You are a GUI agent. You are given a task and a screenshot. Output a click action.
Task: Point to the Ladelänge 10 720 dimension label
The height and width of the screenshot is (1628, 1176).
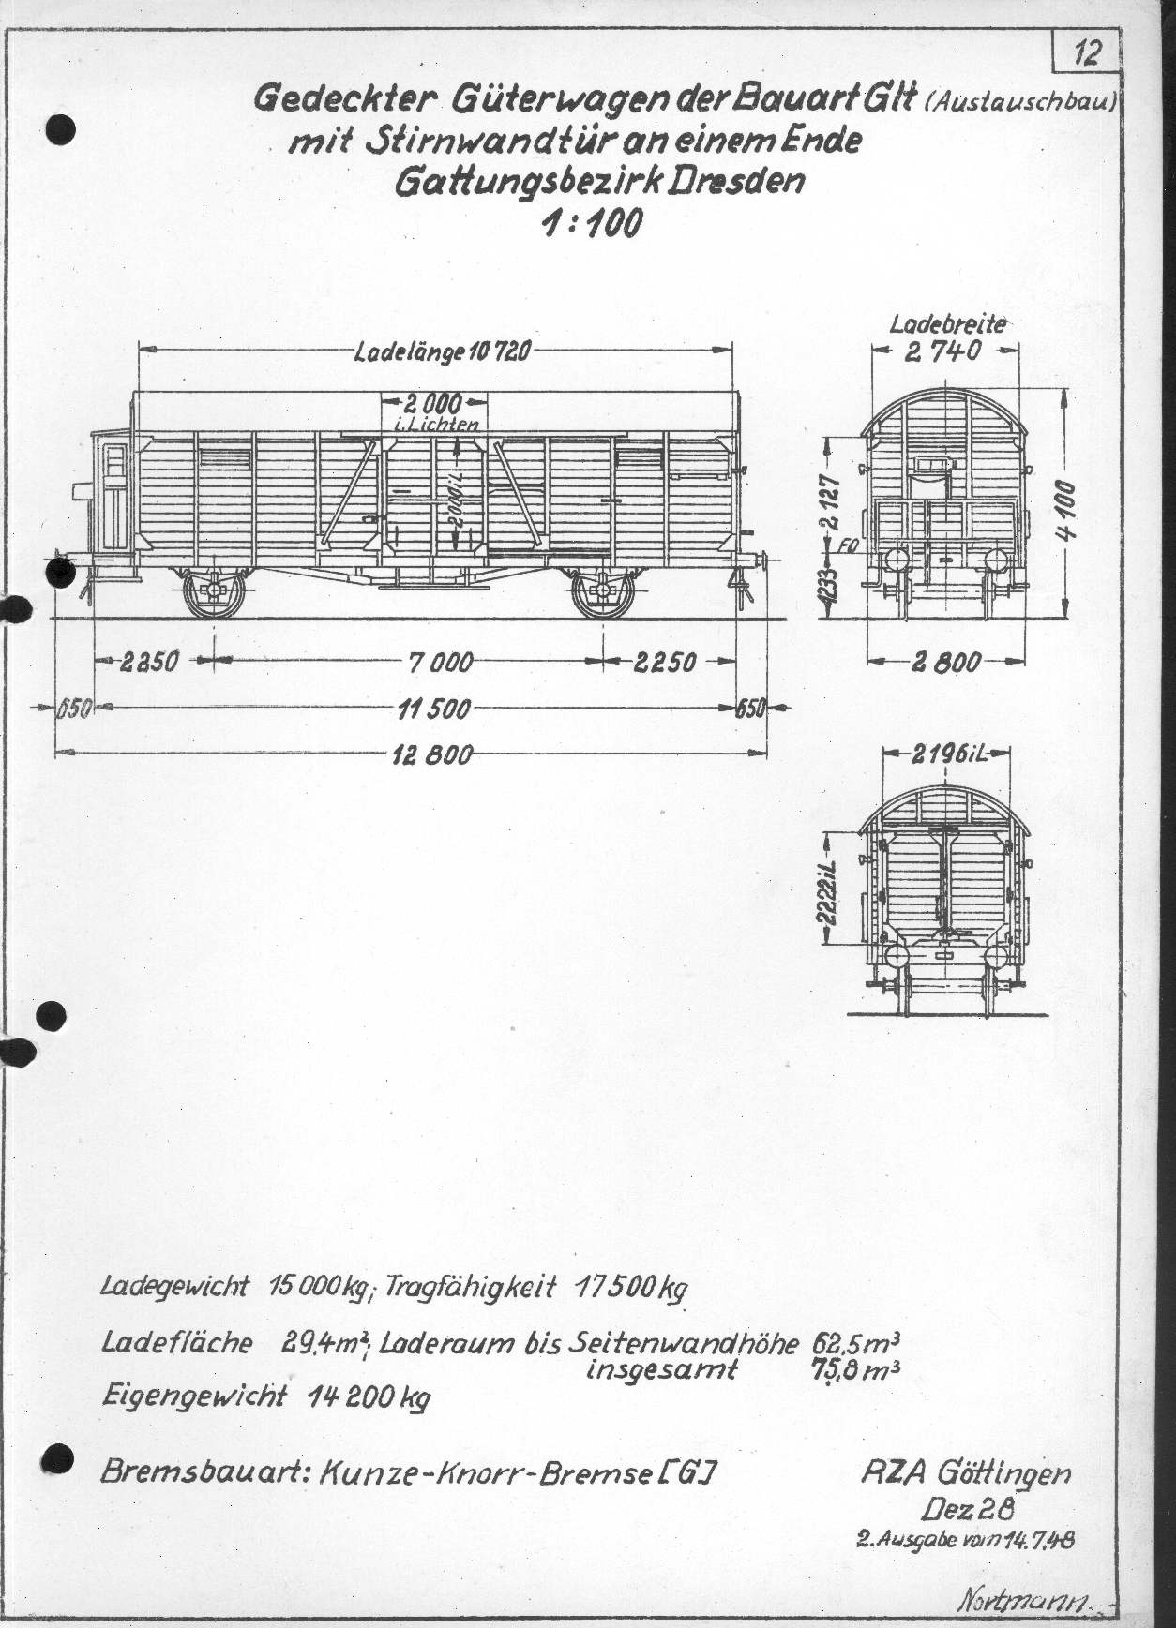pyautogui.click(x=443, y=353)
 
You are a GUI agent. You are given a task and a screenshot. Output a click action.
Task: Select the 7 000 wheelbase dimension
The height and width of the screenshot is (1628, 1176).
pyautogui.click(x=440, y=662)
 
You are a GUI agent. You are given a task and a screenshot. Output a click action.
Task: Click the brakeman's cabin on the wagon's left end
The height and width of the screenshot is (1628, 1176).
pyautogui.click(x=111, y=497)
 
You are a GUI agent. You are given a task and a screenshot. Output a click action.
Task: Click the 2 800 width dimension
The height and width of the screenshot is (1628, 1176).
pyautogui.click(x=944, y=662)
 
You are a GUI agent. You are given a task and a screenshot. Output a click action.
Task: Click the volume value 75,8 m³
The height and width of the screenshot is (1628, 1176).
pyautogui.click(x=856, y=1370)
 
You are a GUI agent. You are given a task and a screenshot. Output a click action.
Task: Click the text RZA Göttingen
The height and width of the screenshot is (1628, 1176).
pyautogui.click(x=965, y=1474)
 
